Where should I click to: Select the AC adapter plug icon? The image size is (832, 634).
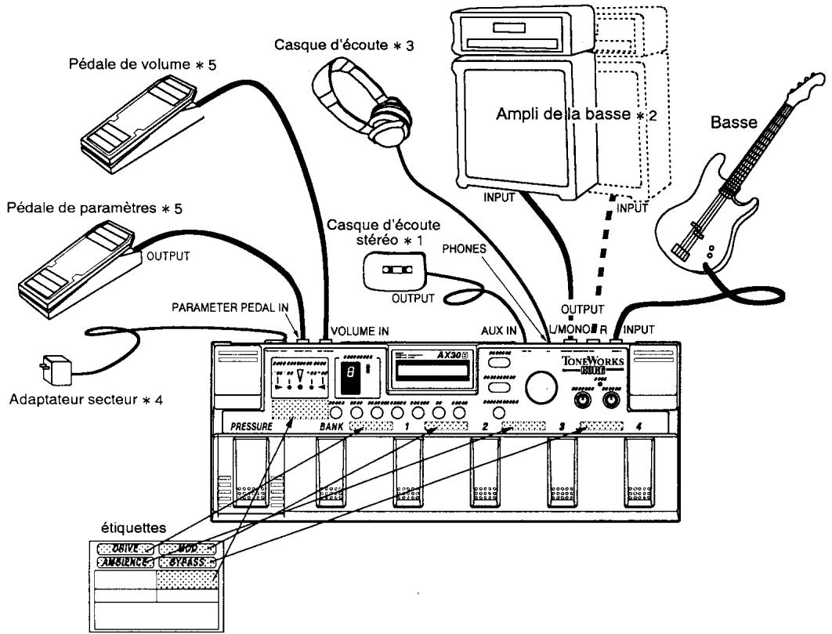(x=52, y=365)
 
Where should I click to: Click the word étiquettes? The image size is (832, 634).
(x=123, y=531)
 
